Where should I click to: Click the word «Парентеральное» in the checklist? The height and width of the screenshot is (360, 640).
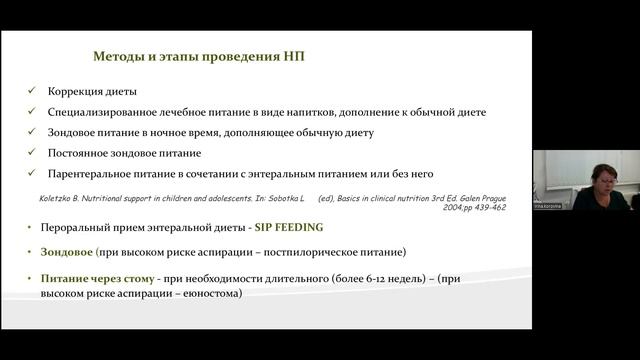point(92,173)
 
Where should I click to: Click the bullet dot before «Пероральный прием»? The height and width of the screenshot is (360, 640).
point(33,227)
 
